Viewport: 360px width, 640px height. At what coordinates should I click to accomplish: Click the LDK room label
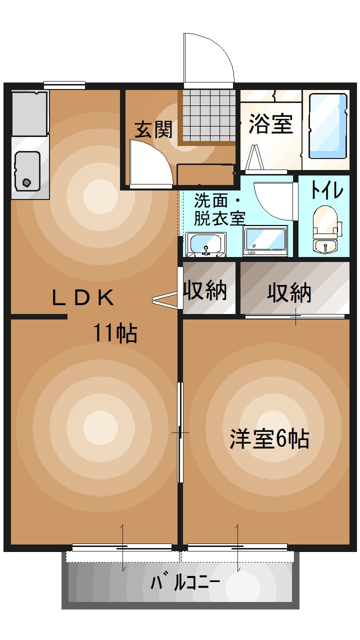click(x=83, y=298)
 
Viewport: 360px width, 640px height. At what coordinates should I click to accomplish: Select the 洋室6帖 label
click(x=269, y=438)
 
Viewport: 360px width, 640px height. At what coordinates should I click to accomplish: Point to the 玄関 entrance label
click(x=153, y=129)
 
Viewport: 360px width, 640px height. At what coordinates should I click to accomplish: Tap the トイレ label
click(x=326, y=190)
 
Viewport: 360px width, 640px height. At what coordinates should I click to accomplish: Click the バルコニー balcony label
click(x=185, y=583)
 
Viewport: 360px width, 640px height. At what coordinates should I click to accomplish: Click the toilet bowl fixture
click(x=325, y=222)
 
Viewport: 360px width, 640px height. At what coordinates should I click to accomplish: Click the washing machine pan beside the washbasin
click(x=265, y=240)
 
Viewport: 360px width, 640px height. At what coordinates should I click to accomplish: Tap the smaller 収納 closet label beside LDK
click(x=205, y=290)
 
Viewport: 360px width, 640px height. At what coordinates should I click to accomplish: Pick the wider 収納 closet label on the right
click(x=289, y=292)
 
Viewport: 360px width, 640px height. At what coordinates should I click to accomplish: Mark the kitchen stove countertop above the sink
click(x=29, y=113)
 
